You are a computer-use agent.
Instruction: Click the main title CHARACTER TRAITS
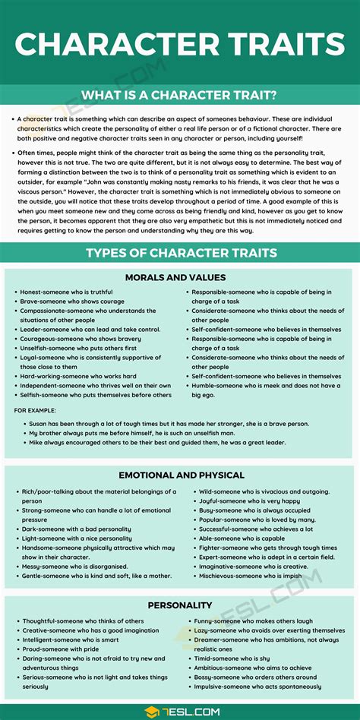(x=180, y=43)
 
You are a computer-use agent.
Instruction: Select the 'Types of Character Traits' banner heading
(x=180, y=253)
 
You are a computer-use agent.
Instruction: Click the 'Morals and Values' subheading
(x=180, y=277)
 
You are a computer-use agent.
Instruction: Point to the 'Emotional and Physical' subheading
(x=180, y=475)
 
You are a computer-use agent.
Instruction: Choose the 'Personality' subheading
(x=180, y=605)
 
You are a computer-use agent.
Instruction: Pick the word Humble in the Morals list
(x=204, y=386)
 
